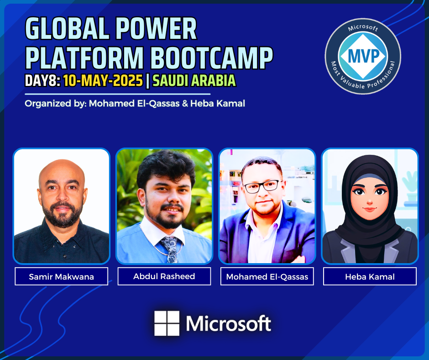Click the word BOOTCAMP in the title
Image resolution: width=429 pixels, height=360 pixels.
click(x=211, y=58)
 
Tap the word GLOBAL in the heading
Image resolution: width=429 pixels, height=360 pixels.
click(x=67, y=28)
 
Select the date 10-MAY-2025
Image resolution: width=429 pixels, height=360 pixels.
click(x=103, y=80)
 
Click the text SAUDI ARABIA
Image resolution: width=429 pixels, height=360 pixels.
click(x=194, y=80)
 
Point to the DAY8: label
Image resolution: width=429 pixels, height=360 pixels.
click(x=42, y=80)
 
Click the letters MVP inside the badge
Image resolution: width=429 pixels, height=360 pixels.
click(x=363, y=56)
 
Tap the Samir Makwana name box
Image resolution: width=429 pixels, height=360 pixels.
click(x=61, y=276)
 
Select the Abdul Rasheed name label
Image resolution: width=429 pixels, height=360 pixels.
click(x=164, y=276)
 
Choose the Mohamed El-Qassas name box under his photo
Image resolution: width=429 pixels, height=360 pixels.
click(x=267, y=276)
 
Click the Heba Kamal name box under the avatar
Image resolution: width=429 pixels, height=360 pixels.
click(x=370, y=276)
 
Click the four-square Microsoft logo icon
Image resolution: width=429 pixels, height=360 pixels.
click(x=167, y=323)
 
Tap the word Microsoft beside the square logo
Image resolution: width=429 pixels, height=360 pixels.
click(x=229, y=323)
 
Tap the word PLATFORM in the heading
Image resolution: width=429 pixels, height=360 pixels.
click(x=84, y=58)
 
